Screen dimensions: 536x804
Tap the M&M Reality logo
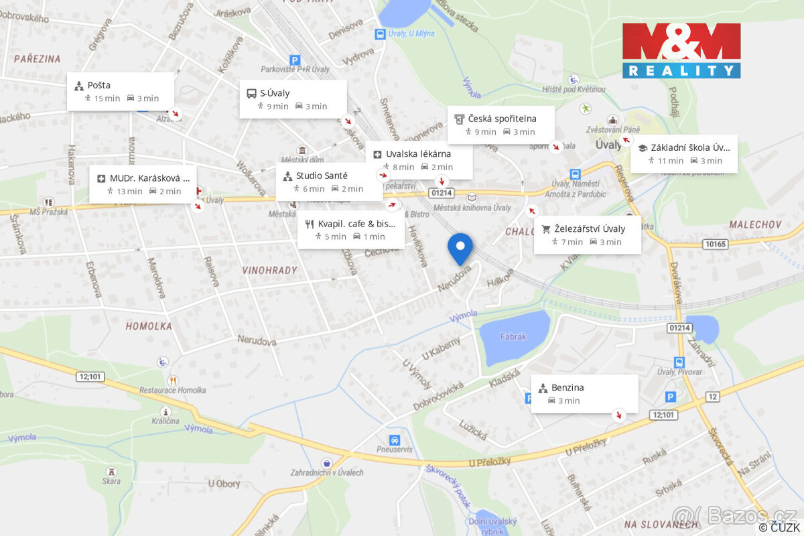681,51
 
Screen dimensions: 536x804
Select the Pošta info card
121,92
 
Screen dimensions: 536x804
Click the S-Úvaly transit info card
293,99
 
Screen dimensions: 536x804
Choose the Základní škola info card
684,153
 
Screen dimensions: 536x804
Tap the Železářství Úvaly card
588,234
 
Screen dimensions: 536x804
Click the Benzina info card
584,393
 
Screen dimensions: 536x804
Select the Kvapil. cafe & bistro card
350,229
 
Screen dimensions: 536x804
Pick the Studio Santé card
329,182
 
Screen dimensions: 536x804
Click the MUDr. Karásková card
143,184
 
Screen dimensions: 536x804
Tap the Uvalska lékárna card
419,159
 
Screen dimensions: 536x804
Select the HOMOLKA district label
149,326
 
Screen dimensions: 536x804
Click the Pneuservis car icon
395,440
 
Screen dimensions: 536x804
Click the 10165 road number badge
716,244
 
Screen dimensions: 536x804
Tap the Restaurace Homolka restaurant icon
174,381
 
